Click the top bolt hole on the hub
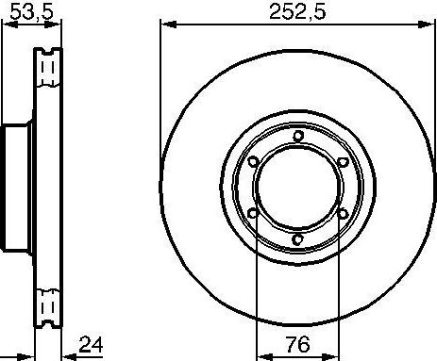[298, 136]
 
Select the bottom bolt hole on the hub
[298, 239]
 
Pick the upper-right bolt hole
[343, 161]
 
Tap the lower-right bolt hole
[343, 213]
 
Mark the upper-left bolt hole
[254, 161]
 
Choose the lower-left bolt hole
[254, 213]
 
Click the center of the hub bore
[298, 188]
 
